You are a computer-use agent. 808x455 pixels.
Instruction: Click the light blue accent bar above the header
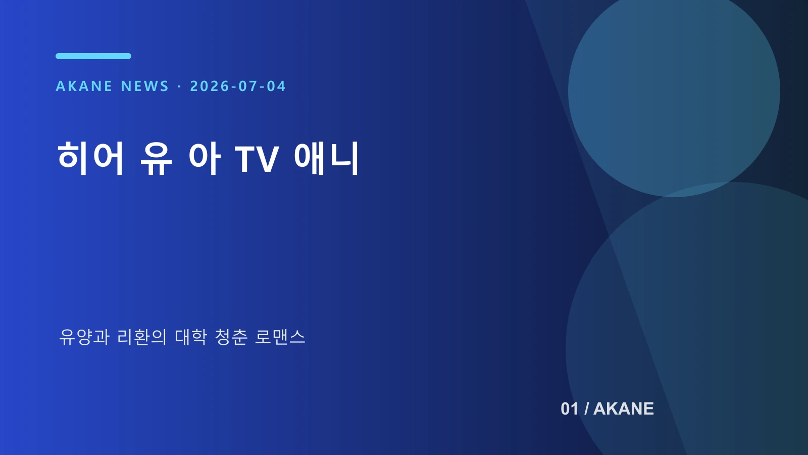[93, 56]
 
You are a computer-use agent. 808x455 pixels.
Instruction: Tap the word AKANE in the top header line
[84, 86]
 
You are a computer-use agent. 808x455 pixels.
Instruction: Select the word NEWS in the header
[144, 86]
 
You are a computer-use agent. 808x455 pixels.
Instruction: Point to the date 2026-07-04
[238, 86]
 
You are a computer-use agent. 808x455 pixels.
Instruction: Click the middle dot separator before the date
[179, 86]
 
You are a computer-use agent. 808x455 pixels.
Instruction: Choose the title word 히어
[90, 158]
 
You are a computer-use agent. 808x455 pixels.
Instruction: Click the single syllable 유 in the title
[156, 158]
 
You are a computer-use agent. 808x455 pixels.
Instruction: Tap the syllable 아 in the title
[204, 158]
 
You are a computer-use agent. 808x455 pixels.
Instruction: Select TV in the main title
[257, 159]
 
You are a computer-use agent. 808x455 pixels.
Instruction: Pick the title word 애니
[326, 158]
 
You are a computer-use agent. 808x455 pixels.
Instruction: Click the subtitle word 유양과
[84, 337]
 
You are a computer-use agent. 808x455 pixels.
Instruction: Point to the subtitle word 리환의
[142, 337]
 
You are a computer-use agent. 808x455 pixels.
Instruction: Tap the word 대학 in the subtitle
[191, 337]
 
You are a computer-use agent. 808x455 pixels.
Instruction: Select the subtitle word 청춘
[231, 337]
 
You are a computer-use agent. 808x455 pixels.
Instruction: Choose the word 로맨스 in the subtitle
[280, 337]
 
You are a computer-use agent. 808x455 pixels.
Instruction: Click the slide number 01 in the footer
[570, 409]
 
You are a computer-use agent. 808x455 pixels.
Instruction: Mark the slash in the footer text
[586, 409]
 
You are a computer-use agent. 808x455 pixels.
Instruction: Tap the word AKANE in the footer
[624, 409]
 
